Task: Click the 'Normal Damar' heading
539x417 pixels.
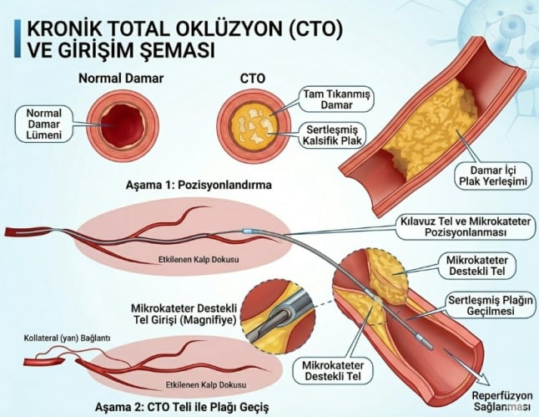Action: click(x=121, y=79)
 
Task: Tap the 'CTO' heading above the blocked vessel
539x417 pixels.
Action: click(x=253, y=79)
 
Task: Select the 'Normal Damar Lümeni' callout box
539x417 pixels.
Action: click(x=44, y=124)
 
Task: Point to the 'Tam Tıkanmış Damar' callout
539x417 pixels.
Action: click(x=336, y=99)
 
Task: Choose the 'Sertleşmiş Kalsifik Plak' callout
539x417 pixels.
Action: click(x=332, y=135)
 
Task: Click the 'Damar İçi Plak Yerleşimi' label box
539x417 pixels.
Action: click(x=493, y=175)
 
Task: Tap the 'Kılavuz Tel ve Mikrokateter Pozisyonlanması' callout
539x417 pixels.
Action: click(x=466, y=226)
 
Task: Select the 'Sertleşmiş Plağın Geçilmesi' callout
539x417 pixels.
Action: click(x=491, y=305)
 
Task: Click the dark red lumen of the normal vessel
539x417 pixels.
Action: click(x=122, y=125)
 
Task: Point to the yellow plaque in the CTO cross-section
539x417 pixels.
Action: click(x=254, y=125)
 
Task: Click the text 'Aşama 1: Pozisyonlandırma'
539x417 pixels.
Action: click(x=199, y=185)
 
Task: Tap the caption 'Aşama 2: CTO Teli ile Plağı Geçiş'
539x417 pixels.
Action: click(x=182, y=407)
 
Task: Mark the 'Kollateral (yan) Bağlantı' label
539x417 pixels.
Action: click(x=67, y=338)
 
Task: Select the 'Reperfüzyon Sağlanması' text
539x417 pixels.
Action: click(x=502, y=401)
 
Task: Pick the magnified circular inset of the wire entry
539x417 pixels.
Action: click(x=278, y=315)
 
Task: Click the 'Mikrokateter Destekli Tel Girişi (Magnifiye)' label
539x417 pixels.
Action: click(x=184, y=313)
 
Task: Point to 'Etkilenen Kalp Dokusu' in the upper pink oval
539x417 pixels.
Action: click(x=199, y=259)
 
